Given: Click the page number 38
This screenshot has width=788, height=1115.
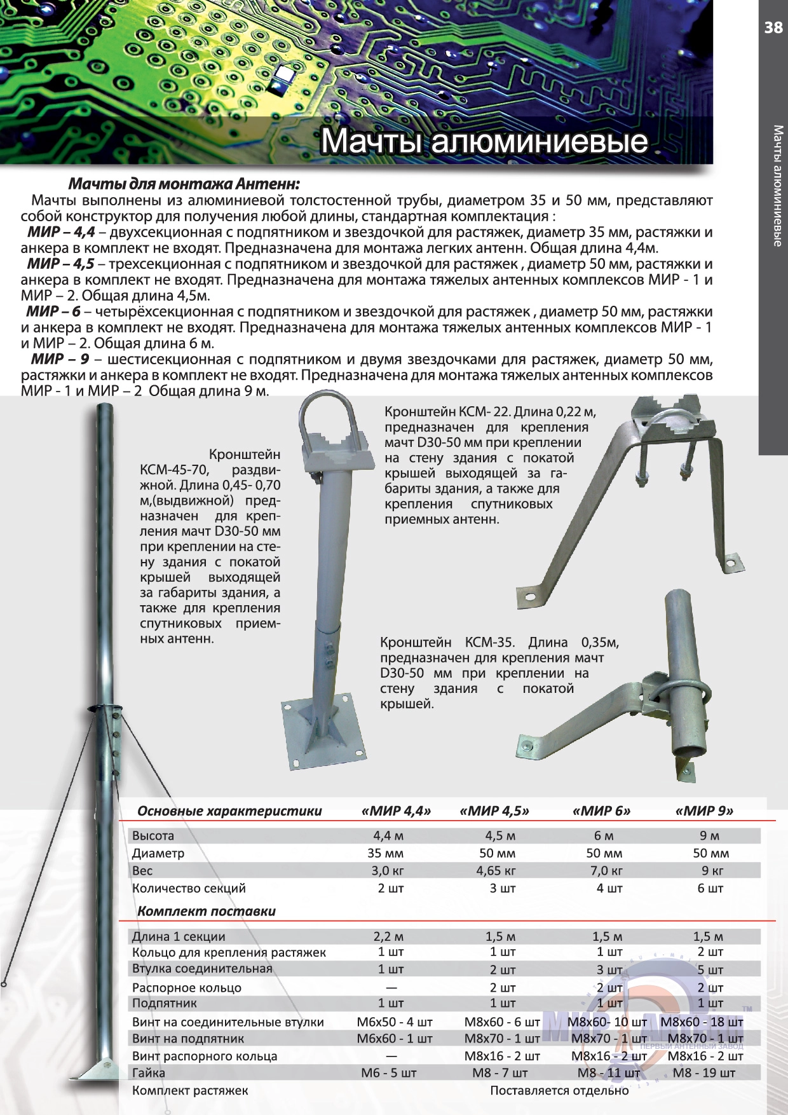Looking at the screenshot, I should (773, 27).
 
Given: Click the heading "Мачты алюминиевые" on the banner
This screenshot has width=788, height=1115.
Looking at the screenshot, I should (484, 141).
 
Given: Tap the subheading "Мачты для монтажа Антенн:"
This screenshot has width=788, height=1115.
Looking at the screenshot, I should (184, 184).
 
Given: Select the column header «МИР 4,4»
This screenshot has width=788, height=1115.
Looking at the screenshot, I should (396, 811).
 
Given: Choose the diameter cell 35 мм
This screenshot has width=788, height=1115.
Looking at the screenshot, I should (386, 853).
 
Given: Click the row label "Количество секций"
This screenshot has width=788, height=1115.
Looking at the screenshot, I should (189, 888).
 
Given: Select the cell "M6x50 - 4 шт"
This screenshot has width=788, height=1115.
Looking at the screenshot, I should (395, 1022).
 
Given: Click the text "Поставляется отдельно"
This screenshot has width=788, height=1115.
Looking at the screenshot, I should (559, 1091).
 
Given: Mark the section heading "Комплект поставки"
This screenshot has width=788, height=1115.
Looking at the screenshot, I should (207, 911).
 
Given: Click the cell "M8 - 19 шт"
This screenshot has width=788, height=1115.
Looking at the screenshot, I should (703, 1073).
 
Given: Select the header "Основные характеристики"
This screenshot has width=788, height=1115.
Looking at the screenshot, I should (229, 811).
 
